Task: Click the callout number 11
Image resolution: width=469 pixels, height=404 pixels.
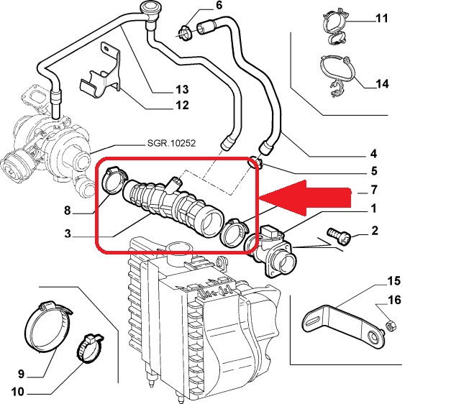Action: pyautogui.click(x=382, y=18)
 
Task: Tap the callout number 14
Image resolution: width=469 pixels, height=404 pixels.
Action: pyautogui.click(x=382, y=84)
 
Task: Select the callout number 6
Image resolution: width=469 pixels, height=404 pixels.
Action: pyautogui.click(x=219, y=6)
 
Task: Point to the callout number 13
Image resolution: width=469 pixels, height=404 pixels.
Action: pyautogui.click(x=182, y=90)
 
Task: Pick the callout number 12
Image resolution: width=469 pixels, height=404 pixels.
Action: pyautogui.click(x=182, y=106)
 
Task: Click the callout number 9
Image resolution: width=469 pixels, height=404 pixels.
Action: pyautogui.click(x=22, y=374)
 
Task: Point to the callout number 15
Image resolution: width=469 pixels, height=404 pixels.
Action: pyautogui.click(x=394, y=280)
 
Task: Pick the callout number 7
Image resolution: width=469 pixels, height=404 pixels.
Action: pyautogui.click(x=373, y=191)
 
